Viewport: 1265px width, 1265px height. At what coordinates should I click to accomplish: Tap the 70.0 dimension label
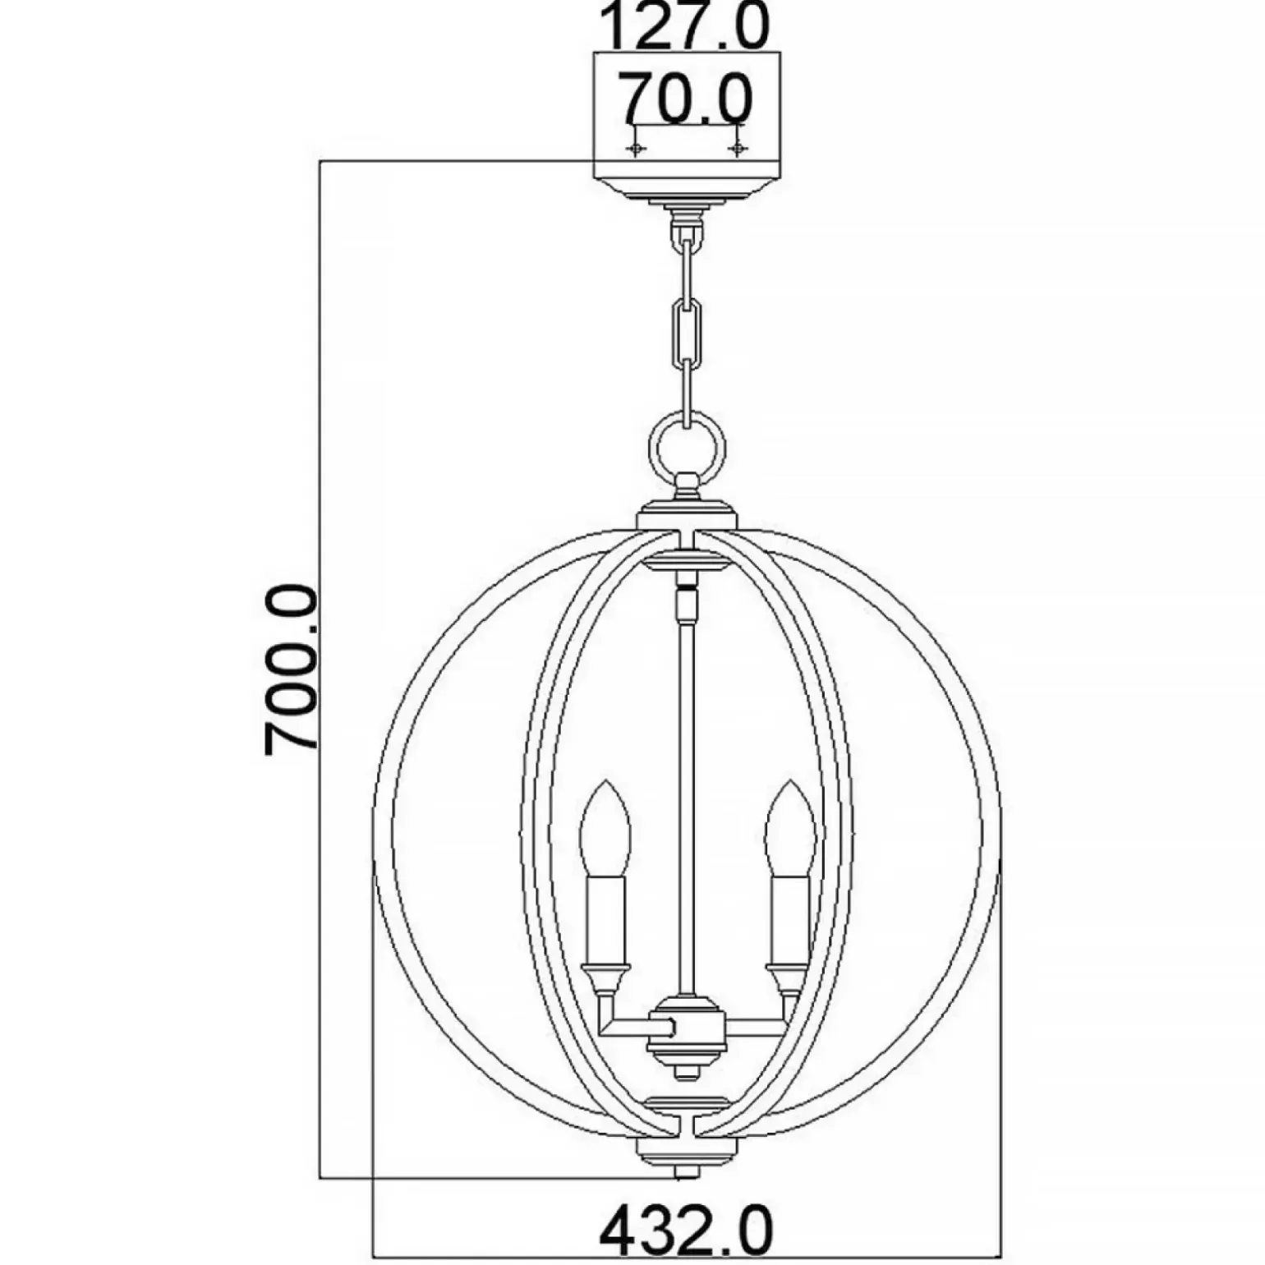(686, 98)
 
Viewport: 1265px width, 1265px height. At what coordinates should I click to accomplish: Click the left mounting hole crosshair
(634, 149)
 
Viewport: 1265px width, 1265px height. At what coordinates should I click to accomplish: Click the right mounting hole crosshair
(738, 149)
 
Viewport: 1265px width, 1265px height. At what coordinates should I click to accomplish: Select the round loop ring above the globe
(688, 416)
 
